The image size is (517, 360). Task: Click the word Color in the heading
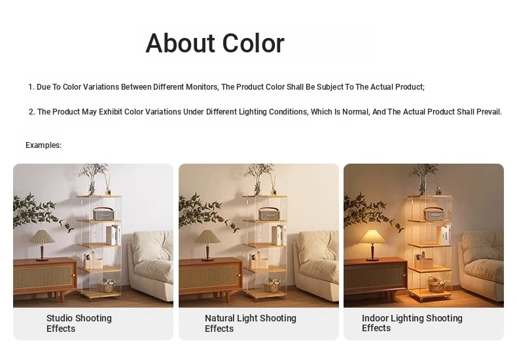[x=253, y=43]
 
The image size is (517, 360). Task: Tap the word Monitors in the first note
[x=202, y=87]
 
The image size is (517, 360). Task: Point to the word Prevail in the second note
[x=489, y=112]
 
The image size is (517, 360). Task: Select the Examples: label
[x=44, y=145]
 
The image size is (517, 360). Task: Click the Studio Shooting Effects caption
[x=79, y=323]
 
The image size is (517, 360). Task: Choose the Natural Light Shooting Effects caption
[x=251, y=323]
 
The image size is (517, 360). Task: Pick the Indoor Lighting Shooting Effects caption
[x=412, y=323]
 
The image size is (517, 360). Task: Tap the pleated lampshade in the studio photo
[x=41, y=237]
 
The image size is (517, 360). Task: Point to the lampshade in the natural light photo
[x=207, y=237]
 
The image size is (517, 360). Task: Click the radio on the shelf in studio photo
[x=103, y=214]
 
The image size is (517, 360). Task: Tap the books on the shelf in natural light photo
[x=279, y=235]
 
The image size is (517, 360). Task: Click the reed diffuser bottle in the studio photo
[x=107, y=191]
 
